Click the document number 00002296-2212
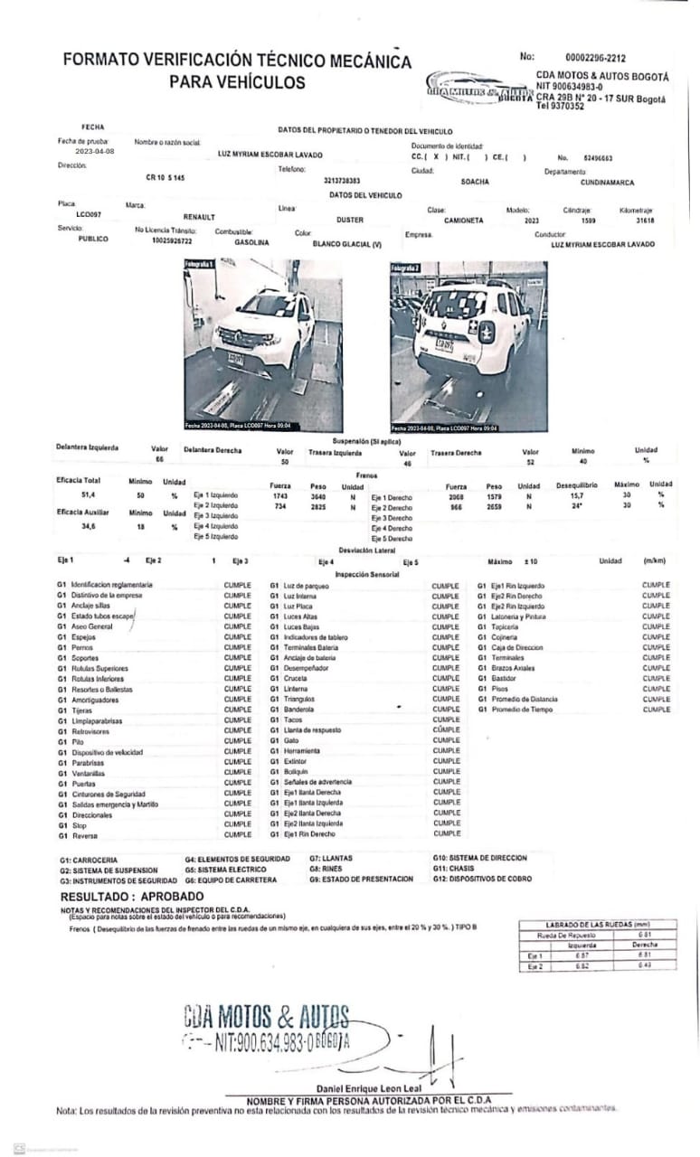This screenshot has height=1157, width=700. coord(594,57)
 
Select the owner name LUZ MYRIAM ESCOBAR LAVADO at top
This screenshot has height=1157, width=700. coord(270,155)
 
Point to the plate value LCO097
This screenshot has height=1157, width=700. coord(89,214)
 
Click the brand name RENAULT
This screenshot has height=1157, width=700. coord(200,218)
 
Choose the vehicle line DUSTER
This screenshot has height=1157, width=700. coord(350,220)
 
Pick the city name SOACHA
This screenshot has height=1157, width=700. coord(476,181)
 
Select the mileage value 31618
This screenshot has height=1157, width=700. coord(644,220)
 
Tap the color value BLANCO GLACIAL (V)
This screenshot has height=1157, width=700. coord(347,244)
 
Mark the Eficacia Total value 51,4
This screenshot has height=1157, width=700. coord(89,496)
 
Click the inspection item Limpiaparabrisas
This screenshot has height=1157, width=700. coord(97,720)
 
